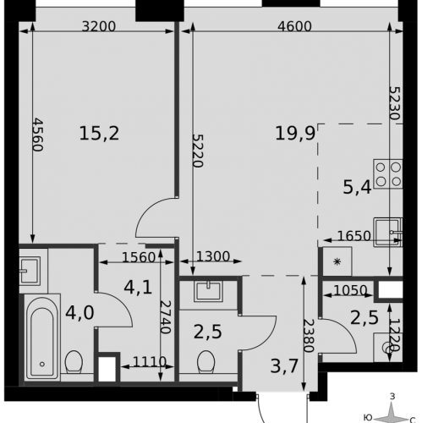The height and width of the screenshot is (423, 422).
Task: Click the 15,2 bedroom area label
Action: [99, 133]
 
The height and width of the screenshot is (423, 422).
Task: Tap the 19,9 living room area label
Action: [295, 133]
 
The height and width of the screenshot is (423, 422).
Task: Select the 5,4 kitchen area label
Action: [357, 187]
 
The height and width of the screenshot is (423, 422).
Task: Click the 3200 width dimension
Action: [99, 26]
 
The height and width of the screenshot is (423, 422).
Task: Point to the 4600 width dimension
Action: [294, 26]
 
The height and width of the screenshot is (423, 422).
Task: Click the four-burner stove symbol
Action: [388, 174]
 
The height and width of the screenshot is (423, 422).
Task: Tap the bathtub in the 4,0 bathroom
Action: [42, 338]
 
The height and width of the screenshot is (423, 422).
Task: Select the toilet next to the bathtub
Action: [74, 362]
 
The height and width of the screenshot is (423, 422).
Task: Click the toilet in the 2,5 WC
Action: [206, 362]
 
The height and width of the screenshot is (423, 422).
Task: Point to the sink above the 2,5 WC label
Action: [208, 291]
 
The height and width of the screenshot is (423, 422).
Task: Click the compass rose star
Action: [392, 414]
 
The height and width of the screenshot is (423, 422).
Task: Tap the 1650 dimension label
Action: [353, 236]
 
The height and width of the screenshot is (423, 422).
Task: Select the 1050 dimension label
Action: [351, 290]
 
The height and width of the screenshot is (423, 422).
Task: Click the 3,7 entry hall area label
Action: [284, 366]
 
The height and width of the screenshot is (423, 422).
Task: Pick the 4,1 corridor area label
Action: [138, 288]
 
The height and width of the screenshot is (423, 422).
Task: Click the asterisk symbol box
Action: [337, 261]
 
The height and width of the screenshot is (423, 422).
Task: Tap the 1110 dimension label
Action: [150, 362]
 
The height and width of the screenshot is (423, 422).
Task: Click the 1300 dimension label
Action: [213, 256]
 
